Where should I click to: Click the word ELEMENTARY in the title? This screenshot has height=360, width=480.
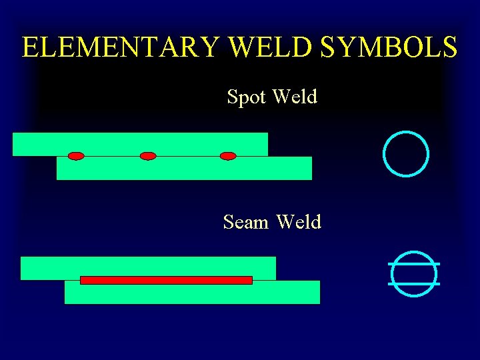click(120, 47)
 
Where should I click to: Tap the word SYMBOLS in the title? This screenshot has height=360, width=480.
click(389, 47)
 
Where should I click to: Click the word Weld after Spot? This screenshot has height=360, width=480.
click(295, 97)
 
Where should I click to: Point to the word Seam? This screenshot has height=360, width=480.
click(245, 221)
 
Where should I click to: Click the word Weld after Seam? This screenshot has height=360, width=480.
click(298, 221)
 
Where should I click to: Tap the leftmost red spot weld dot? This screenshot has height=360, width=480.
click(76, 156)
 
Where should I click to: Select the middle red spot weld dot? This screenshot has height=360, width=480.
click(148, 156)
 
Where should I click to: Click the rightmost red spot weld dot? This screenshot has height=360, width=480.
click(228, 156)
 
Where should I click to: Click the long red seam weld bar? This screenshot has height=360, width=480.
click(166, 280)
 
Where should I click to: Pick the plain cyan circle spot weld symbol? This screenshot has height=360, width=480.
click(406, 153)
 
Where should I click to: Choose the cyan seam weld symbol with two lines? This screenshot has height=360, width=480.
click(414, 273)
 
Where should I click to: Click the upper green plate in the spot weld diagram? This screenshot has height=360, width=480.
click(140, 143)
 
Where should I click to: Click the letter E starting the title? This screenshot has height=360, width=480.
click(30, 47)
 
